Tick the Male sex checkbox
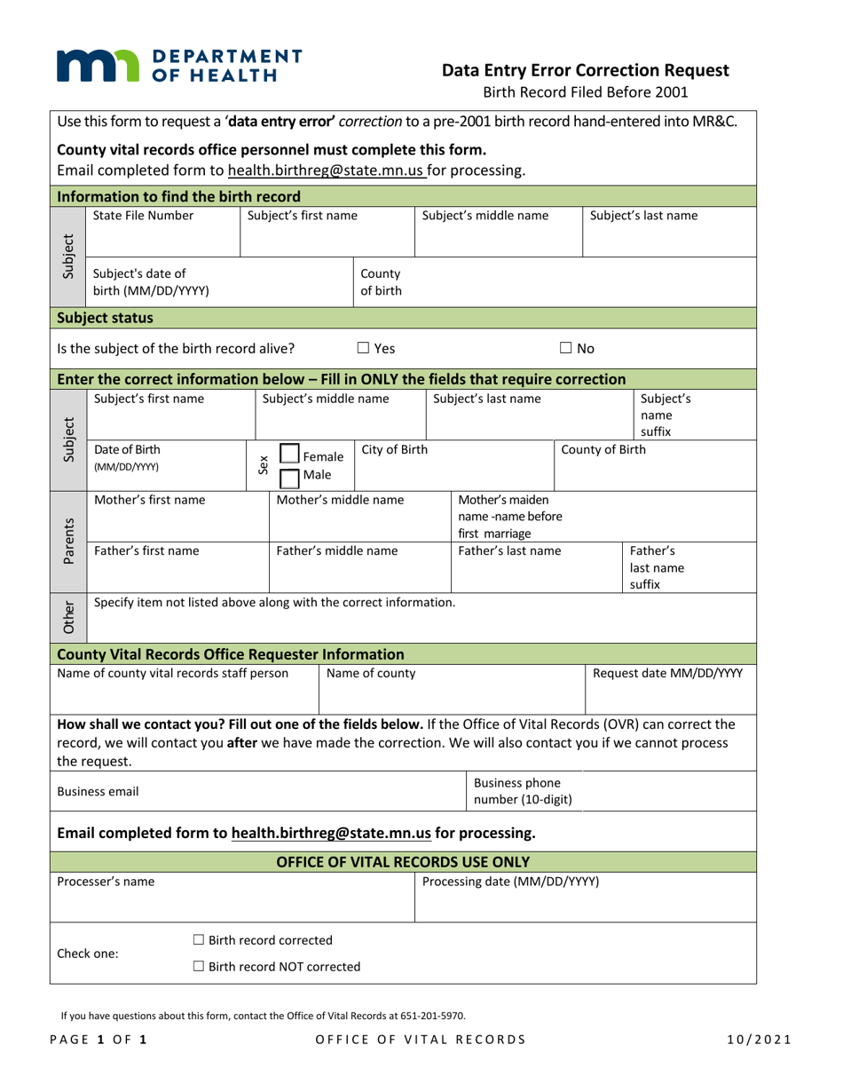[288, 476]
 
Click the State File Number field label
[143, 215]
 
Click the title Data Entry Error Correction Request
[586, 71]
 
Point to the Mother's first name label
[149, 500]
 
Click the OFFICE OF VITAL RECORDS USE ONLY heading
[404, 861]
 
